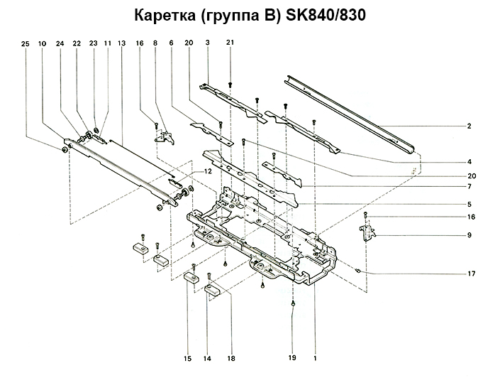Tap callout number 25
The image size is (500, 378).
click(26, 44)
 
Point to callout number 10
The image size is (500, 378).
click(43, 44)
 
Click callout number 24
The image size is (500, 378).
click(60, 44)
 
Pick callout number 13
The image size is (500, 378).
click(122, 44)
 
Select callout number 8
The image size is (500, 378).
click(155, 44)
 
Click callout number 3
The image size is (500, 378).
click(208, 44)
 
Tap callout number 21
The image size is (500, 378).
click(230, 44)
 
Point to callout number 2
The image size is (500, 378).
click(470, 126)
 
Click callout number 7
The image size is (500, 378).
click(470, 186)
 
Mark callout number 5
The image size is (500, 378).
click(470, 205)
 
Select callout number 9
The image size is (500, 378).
click(470, 234)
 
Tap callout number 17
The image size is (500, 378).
click(470, 274)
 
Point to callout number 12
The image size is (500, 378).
click(208, 172)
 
